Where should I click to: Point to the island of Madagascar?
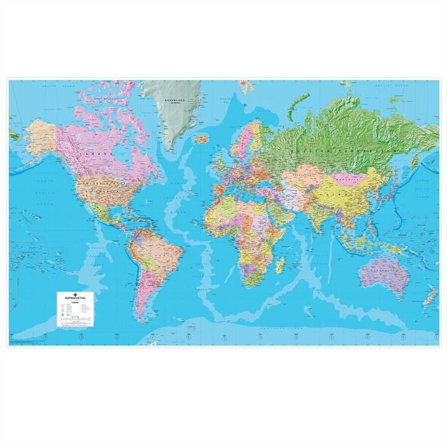pos(280,264)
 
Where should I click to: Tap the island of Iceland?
pos(202,139)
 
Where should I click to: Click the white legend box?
pos(75,309)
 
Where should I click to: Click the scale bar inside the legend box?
pos(75,318)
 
